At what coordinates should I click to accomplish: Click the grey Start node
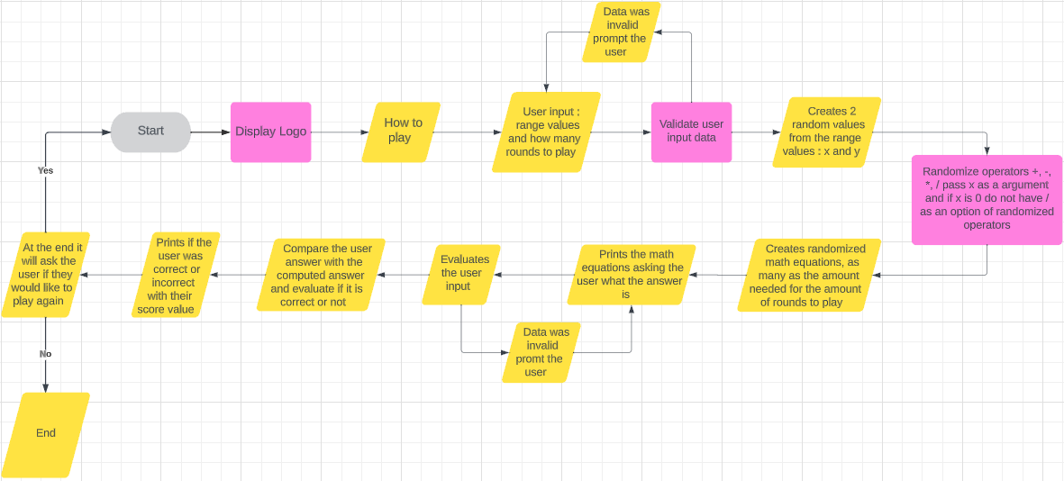click(x=150, y=132)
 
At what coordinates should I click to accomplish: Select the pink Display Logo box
click(x=270, y=132)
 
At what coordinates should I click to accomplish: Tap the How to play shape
click(x=401, y=132)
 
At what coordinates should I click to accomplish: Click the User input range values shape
click(x=546, y=132)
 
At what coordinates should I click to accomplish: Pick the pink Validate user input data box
click(x=691, y=132)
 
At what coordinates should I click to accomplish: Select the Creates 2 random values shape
click(x=826, y=132)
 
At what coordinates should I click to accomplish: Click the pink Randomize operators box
click(x=987, y=198)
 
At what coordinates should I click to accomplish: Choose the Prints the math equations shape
click(x=632, y=274)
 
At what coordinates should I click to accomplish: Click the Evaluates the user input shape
click(x=461, y=274)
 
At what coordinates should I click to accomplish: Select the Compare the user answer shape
click(x=321, y=275)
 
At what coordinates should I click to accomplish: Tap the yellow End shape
click(x=46, y=434)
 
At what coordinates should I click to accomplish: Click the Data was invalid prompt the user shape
click(x=621, y=32)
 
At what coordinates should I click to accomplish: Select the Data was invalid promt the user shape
click(x=541, y=352)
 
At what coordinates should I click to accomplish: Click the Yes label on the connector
click(x=45, y=170)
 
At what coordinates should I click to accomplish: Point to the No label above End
click(x=45, y=354)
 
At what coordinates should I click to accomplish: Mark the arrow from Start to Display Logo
click(x=210, y=132)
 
